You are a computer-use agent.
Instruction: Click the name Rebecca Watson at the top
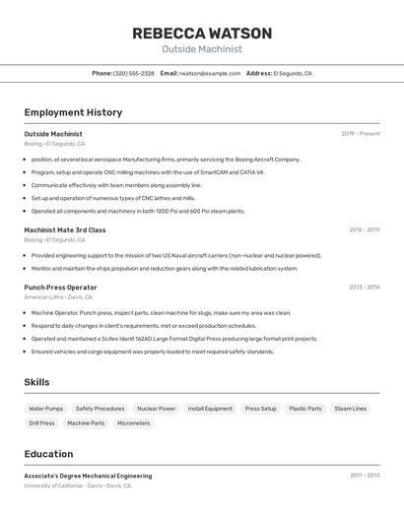[x=202, y=33]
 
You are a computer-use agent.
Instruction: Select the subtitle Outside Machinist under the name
[x=202, y=49]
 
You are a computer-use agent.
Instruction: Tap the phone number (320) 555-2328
[x=134, y=74]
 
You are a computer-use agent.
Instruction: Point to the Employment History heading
[x=73, y=112]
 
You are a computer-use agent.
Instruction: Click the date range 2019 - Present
[x=361, y=134]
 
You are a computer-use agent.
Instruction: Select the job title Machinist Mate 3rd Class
[x=65, y=230]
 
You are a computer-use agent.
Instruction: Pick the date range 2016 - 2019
[x=364, y=230]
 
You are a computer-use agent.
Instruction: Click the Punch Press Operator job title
[x=60, y=288]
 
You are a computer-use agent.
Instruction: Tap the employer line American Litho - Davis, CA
[x=58, y=296]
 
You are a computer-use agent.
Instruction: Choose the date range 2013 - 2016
[x=364, y=288]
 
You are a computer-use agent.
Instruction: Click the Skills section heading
[x=36, y=382]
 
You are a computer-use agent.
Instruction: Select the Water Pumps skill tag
[x=45, y=409]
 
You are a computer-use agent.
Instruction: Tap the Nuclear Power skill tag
[x=156, y=409]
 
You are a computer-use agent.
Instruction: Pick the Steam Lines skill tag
[x=350, y=409]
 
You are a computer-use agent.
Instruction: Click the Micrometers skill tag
[x=133, y=424]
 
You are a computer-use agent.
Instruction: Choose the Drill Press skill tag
[x=41, y=424]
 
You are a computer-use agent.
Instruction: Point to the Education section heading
[x=48, y=454]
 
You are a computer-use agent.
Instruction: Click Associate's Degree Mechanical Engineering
[x=88, y=476]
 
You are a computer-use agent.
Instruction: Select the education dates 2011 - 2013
[x=365, y=476]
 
